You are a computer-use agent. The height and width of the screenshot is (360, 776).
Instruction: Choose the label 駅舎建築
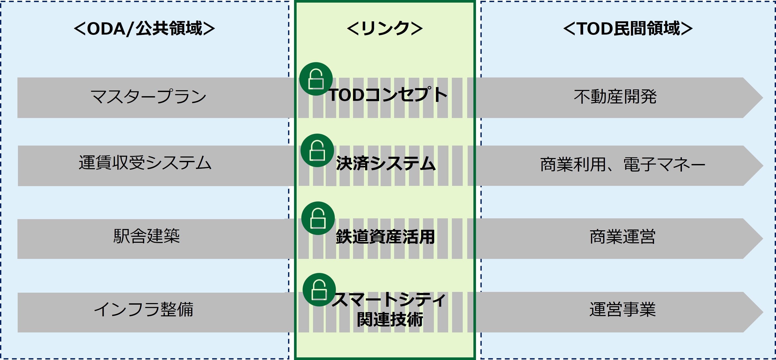tap(146, 236)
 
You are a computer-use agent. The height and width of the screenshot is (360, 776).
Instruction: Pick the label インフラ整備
tap(144, 309)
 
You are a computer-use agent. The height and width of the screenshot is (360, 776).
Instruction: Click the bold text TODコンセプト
tap(388, 95)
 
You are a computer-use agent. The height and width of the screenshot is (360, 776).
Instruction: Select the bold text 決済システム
tap(386, 163)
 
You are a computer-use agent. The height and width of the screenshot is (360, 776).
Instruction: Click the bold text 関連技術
tap(389, 320)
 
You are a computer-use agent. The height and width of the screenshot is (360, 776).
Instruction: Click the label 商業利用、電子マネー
tap(622, 165)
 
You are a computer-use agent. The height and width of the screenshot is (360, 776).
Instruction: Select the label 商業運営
tap(622, 237)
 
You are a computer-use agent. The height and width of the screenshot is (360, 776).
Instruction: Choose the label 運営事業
tap(622, 310)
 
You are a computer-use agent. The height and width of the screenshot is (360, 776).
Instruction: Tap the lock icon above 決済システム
tap(317, 150)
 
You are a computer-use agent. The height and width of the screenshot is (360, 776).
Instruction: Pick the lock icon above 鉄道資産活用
tap(318, 218)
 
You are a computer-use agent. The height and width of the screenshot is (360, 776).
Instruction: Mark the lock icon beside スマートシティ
tap(319, 290)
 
